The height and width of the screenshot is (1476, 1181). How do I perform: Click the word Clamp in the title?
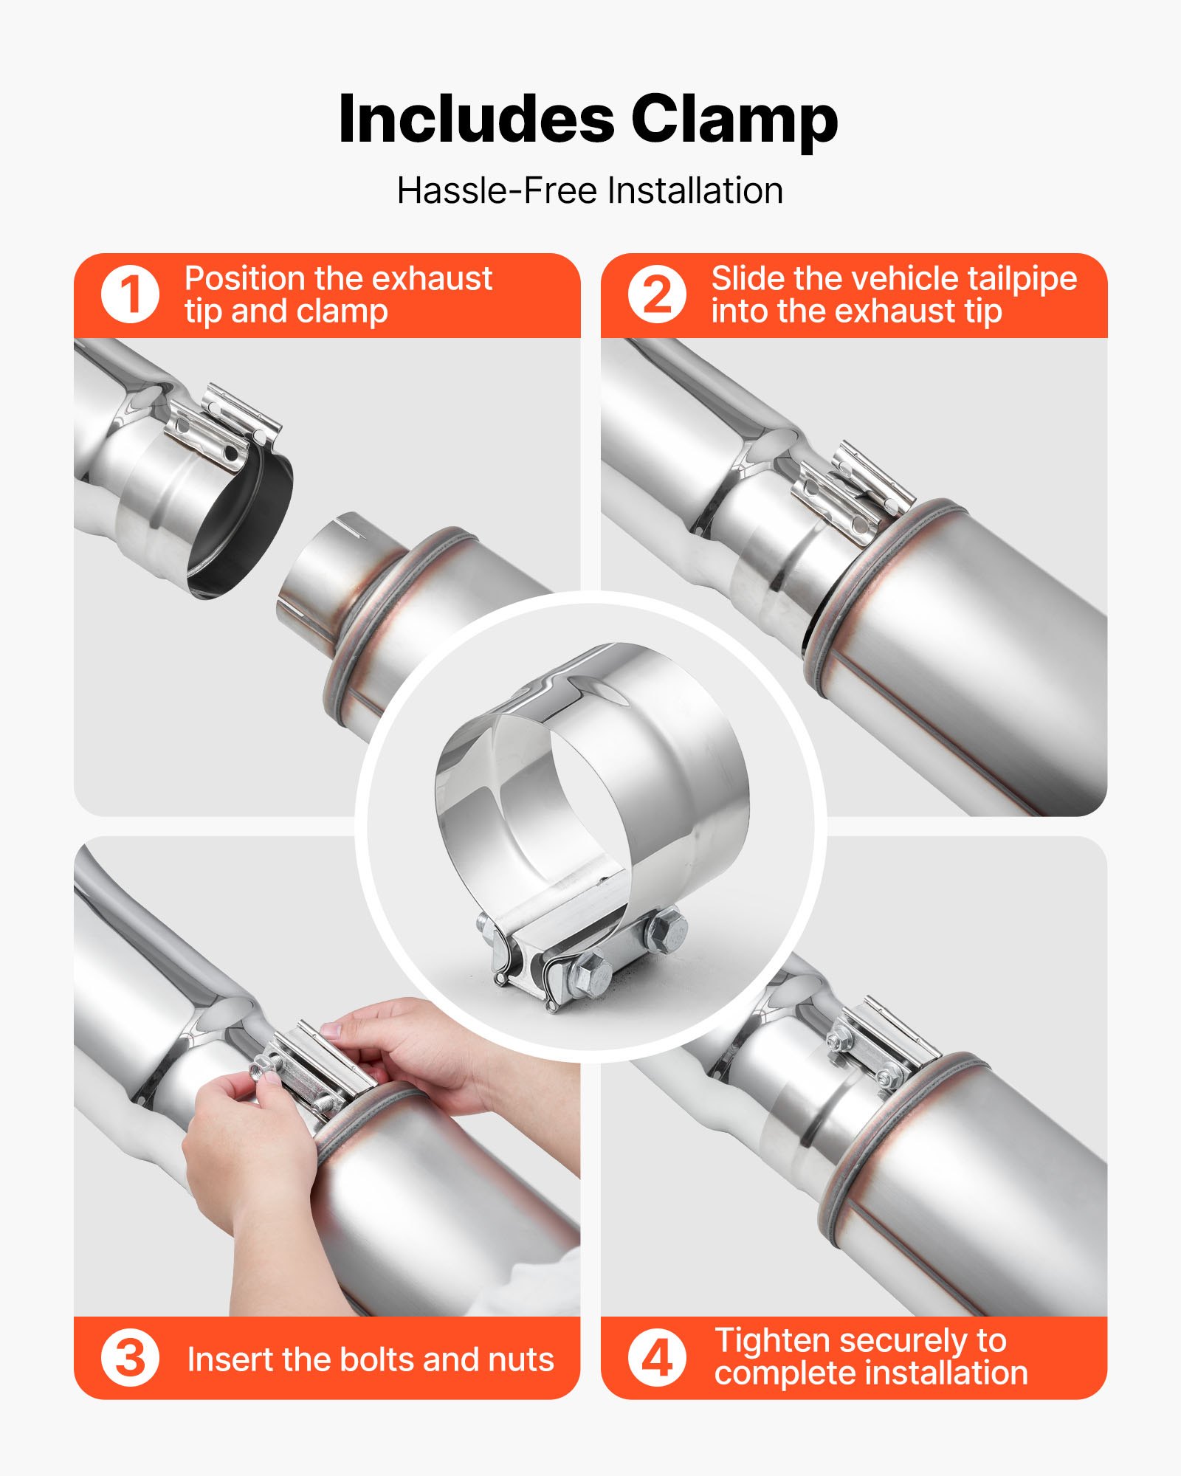pyautogui.click(x=734, y=120)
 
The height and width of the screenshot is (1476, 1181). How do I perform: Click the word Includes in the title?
pyautogui.click(x=476, y=120)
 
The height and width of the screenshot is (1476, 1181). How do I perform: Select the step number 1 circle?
pyautogui.click(x=130, y=294)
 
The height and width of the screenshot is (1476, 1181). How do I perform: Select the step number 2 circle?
pyautogui.click(x=657, y=294)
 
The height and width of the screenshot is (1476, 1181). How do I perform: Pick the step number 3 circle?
pyautogui.click(x=130, y=1358)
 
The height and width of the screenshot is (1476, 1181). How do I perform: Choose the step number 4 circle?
pyautogui.click(x=657, y=1358)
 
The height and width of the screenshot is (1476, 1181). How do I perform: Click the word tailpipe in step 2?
pyautogui.click(x=1022, y=279)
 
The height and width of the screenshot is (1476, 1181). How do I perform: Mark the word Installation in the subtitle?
pyautogui.click(x=695, y=190)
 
